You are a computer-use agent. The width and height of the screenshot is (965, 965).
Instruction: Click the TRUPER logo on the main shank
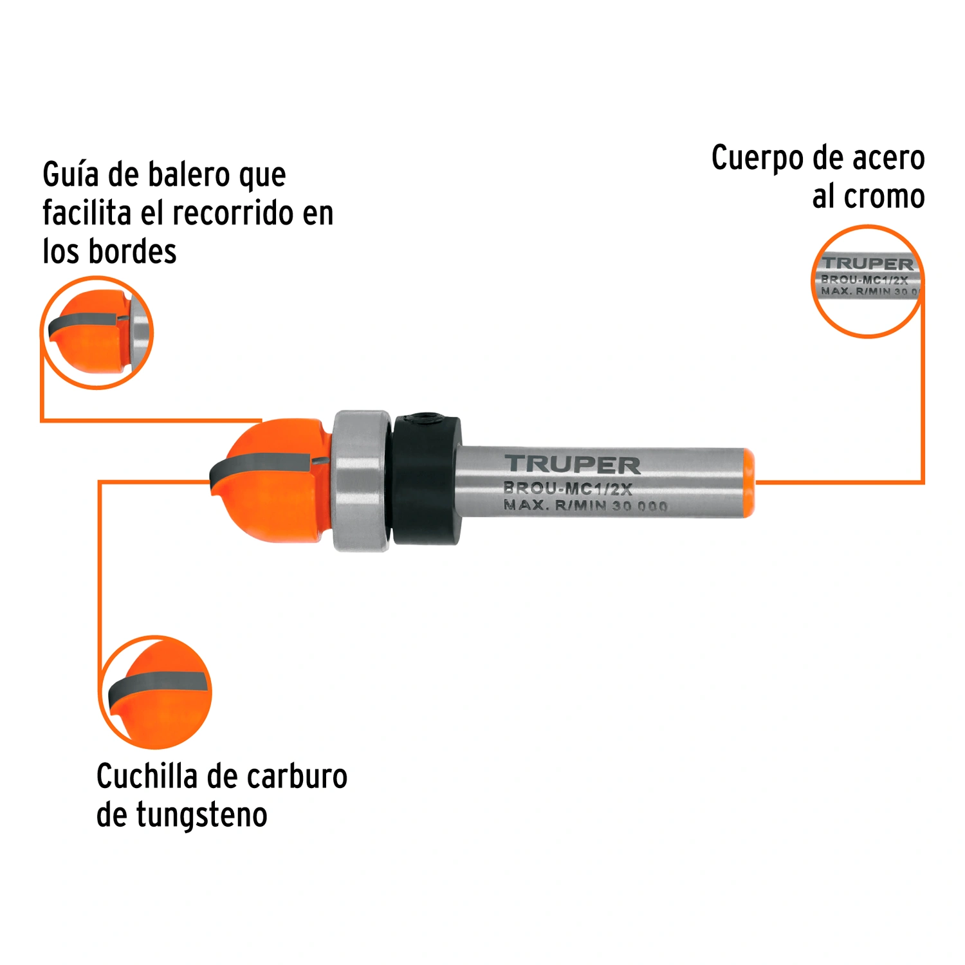(x=573, y=464)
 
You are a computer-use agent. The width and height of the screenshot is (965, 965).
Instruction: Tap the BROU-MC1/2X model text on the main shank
(x=568, y=489)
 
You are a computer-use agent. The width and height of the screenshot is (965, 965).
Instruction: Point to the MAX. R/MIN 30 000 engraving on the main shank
(x=585, y=506)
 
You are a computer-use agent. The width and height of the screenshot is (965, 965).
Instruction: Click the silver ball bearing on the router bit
(x=362, y=481)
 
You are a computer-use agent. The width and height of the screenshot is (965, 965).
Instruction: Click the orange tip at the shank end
(x=749, y=482)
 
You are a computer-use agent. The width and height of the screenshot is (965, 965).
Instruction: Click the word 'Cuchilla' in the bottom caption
(x=147, y=776)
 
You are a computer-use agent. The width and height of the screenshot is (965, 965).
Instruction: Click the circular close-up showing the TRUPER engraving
(x=867, y=281)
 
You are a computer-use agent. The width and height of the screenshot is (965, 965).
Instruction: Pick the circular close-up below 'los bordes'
(x=97, y=333)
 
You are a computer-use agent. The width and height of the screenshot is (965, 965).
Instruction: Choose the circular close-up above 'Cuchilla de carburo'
(x=155, y=692)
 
